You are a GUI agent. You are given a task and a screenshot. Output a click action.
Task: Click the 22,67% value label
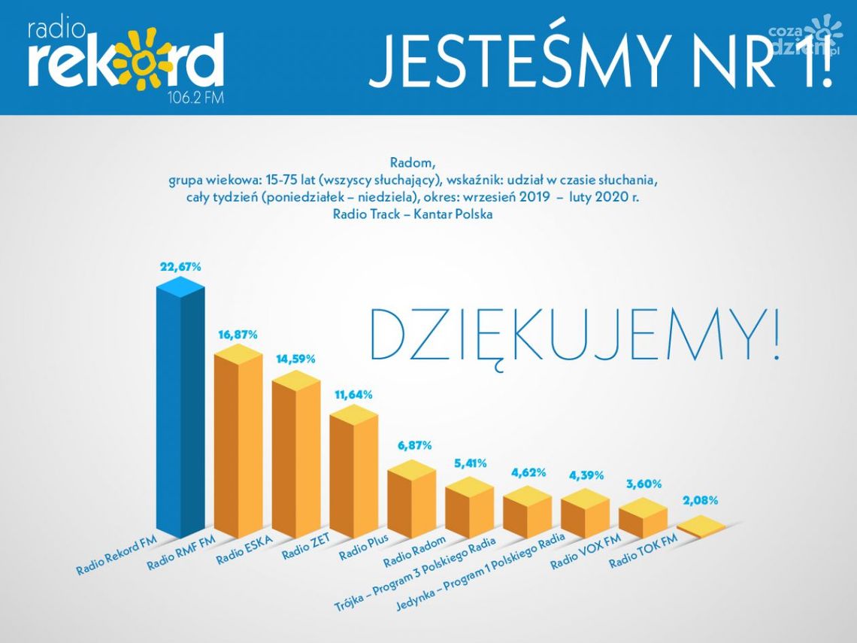point(180,266)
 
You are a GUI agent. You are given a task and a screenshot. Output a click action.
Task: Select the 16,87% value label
point(238,334)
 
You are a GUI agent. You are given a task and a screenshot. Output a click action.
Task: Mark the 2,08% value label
point(700,500)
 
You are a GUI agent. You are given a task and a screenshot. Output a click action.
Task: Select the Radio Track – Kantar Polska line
point(413,214)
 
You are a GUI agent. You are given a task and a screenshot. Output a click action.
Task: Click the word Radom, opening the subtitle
point(413,162)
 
